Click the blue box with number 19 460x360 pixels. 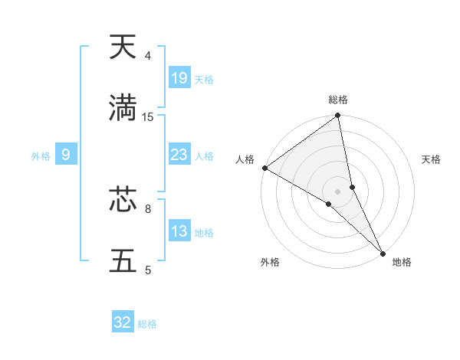click(x=179, y=77)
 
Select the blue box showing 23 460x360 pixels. click(x=179, y=155)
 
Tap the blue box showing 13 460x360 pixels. click(x=179, y=231)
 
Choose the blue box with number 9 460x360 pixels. click(x=66, y=155)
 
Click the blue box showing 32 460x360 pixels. click(x=123, y=322)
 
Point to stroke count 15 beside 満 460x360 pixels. click(x=148, y=117)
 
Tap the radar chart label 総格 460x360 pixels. click(x=338, y=100)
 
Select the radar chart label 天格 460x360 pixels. click(x=431, y=159)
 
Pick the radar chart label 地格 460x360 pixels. click(x=402, y=262)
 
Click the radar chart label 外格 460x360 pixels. click(x=270, y=262)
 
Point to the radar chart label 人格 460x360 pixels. click(x=245, y=159)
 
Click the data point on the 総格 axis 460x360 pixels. click(x=338, y=116)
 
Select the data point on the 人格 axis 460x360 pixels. click(x=264, y=168)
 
